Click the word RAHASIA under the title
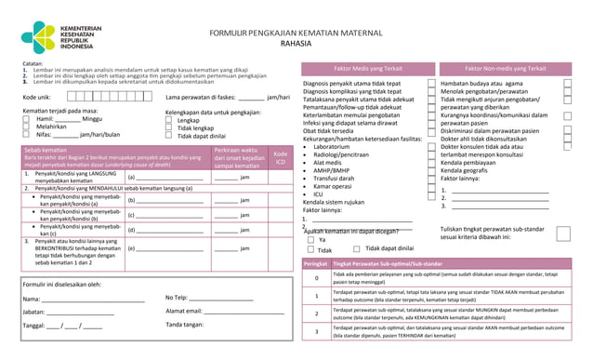[x=296, y=44]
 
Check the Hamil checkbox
[x=27, y=119]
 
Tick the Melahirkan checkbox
[x=27, y=127]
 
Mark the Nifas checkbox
[x=27, y=135]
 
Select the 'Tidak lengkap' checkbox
[x=169, y=127]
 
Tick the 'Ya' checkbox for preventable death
[x=310, y=239]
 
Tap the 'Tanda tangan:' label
[x=186, y=325]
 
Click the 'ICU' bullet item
[x=319, y=193]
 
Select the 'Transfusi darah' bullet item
[x=340, y=178]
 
